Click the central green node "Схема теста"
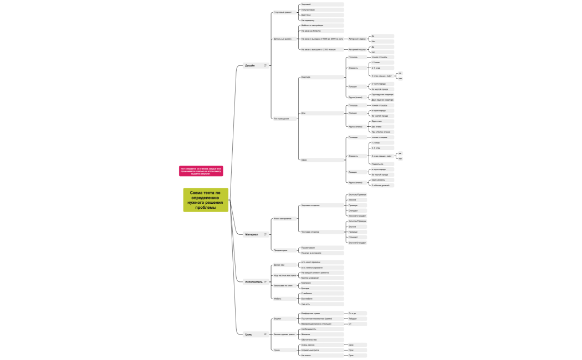point(206,200)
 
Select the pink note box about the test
point(201,171)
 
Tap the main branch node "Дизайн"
point(250,65)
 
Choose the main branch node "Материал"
point(252,234)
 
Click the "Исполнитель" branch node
point(254,282)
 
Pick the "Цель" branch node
point(249,335)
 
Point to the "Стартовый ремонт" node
point(283,12)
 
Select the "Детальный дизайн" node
point(283,39)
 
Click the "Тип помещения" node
point(282,119)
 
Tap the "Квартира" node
point(305,78)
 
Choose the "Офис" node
point(304,160)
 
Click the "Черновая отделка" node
point(310,205)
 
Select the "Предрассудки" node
point(280,250)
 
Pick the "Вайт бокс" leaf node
point(306,15)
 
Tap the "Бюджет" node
point(278,318)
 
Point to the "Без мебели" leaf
point(306,299)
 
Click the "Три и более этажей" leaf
point(381,132)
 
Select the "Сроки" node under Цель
point(278,350)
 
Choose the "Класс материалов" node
point(283,218)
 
